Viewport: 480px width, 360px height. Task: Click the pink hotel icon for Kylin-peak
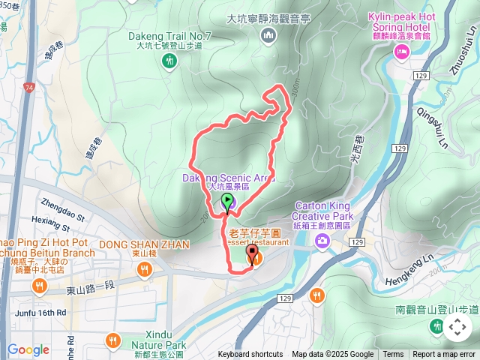[401, 51]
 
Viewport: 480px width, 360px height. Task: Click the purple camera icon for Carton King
[322, 240]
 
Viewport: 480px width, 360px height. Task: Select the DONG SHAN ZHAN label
[144, 244]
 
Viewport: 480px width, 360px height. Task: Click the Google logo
[28, 349]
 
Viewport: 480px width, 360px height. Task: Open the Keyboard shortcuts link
[250, 355]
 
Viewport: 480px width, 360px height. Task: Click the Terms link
[393, 355]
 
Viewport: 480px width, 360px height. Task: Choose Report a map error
[444, 355]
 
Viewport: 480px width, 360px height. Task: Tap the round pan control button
[457, 327]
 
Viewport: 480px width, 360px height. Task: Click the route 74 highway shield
[28, 88]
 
